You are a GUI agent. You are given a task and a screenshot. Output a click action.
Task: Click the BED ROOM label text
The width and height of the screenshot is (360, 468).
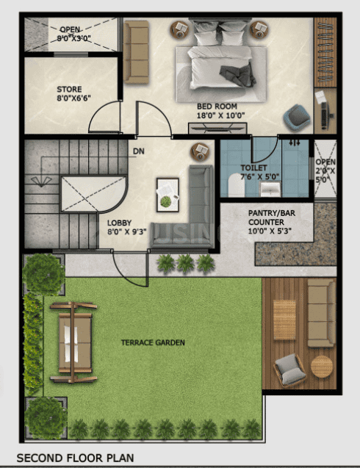217,106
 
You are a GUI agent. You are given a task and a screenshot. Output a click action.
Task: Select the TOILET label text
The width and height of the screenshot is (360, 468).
254,168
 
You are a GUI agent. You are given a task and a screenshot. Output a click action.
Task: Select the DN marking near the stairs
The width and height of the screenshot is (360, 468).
138,152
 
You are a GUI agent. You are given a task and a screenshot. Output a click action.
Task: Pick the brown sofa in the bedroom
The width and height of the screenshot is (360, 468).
137,51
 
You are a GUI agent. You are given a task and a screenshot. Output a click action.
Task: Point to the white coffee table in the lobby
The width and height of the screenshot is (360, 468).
167,192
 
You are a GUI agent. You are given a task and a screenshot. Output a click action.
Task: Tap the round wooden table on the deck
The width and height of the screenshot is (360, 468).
321,365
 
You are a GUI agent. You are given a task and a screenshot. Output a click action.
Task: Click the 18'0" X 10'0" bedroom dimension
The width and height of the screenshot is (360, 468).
217,115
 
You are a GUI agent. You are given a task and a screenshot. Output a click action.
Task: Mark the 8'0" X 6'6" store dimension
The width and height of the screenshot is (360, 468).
69,100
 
